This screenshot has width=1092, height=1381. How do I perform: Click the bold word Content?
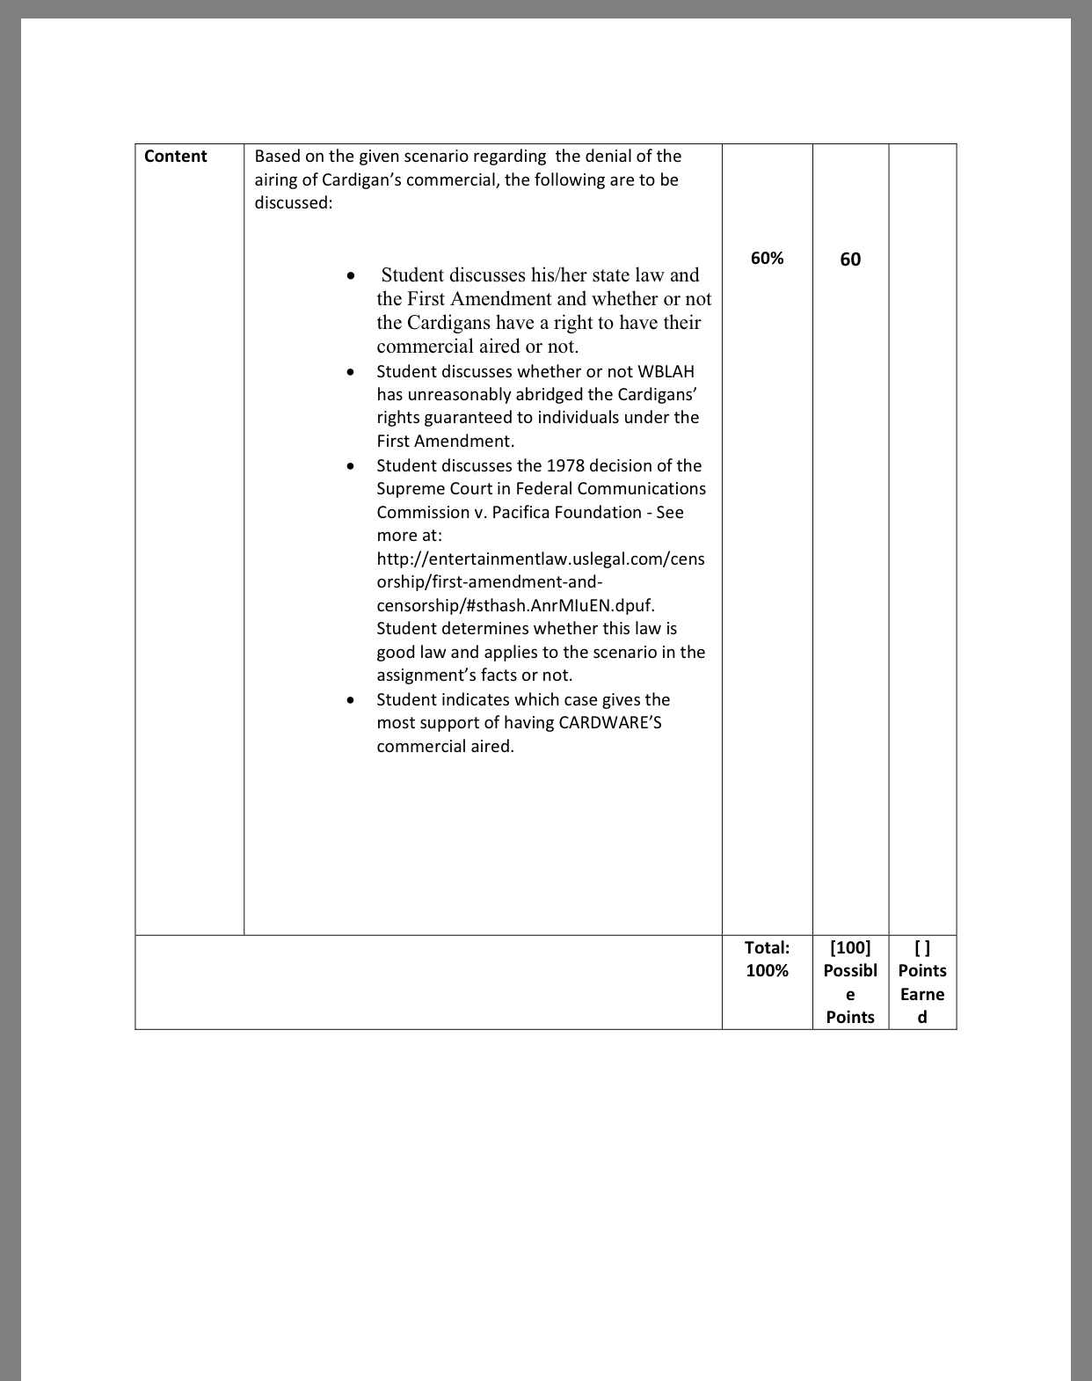pos(175,157)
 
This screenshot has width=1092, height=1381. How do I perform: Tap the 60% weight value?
pos(767,258)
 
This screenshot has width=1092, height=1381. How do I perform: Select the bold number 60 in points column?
pos(850,259)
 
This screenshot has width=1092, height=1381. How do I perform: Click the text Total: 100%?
pos(767,959)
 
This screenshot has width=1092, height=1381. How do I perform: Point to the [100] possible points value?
pos(850,947)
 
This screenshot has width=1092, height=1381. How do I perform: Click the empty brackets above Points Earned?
pos(922,947)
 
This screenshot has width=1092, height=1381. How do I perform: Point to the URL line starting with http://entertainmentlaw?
pos(540,559)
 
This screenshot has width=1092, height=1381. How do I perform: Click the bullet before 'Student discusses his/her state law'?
pos(351,276)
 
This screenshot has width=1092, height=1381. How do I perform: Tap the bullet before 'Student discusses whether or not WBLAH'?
pos(351,372)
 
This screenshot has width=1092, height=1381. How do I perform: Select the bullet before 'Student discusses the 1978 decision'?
pos(351,466)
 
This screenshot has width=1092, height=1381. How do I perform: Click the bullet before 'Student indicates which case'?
pos(351,700)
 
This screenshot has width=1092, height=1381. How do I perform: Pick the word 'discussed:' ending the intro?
pos(293,202)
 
